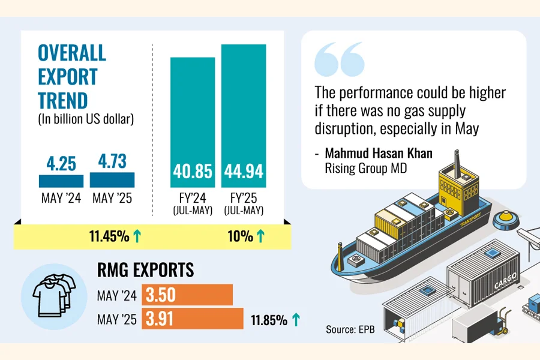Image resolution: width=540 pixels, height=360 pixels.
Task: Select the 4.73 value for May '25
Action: coord(112,163)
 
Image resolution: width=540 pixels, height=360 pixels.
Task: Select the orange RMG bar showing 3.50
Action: coord(187,295)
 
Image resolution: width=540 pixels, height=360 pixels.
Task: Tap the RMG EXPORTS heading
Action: coord(146,271)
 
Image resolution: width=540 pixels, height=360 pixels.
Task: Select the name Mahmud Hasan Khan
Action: coord(379,154)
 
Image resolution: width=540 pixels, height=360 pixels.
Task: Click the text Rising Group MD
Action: coord(365,169)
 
